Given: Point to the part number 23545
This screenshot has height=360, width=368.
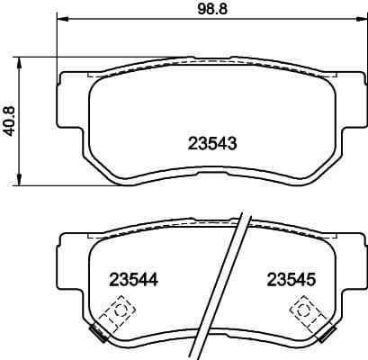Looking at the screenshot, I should tap(290, 279).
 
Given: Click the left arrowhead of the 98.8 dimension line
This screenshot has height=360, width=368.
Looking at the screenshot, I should tap(60, 20).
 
